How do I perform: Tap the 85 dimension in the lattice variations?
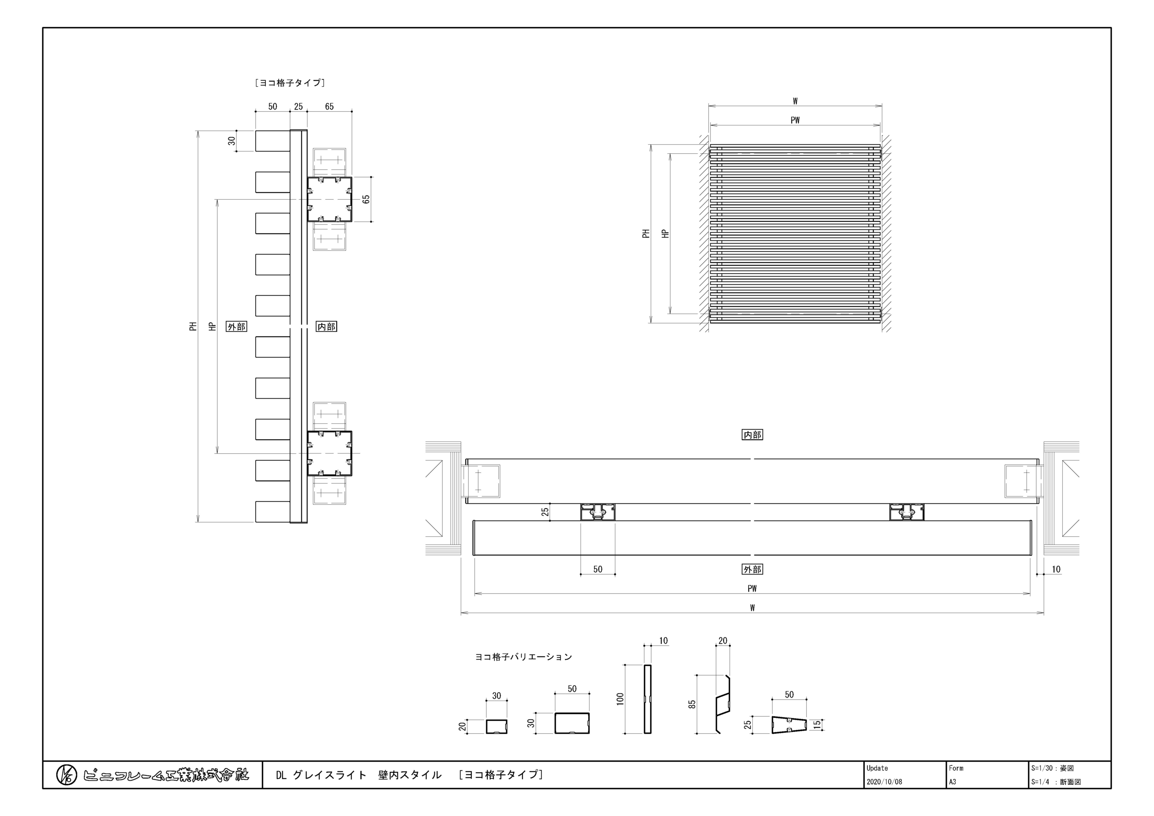(692, 704)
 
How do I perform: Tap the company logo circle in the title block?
(66, 775)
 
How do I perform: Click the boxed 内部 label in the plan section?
(752, 434)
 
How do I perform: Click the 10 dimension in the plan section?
(1056, 569)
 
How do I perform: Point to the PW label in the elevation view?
(795, 120)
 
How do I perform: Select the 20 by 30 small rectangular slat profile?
(497, 726)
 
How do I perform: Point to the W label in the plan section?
(752, 608)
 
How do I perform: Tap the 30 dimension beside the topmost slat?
(232, 141)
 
